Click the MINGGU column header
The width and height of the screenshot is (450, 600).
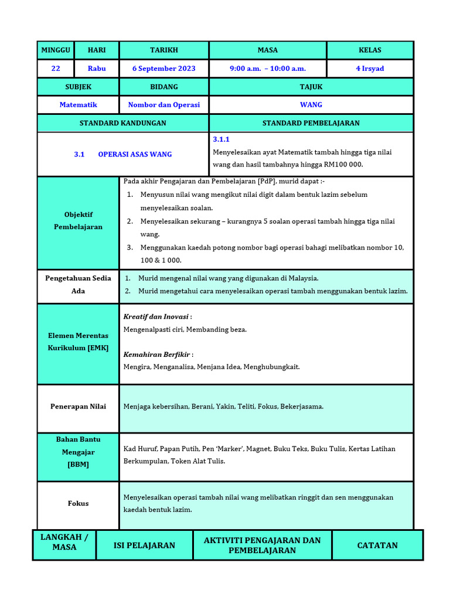pos(55,50)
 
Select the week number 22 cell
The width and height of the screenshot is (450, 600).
pos(56,69)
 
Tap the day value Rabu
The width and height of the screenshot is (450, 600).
pos(97,69)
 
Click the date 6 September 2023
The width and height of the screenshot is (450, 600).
pos(163,69)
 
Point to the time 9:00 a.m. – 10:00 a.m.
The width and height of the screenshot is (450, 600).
pos(267,69)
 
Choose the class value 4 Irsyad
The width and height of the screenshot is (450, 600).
pos(370,69)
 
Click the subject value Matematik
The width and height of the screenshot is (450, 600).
pos(78,105)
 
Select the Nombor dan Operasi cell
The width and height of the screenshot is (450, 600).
pos(163,105)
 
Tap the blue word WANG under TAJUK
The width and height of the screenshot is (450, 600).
pos(311,105)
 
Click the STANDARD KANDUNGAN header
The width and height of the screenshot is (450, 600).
pos(122,123)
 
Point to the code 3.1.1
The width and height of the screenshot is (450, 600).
pos(221,139)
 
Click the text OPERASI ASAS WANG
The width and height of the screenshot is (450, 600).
pos(135,154)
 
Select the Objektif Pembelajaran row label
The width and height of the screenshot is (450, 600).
pos(78,221)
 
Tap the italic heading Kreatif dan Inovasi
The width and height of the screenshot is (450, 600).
pos(156,316)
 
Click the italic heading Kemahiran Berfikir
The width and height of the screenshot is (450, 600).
pos(157,354)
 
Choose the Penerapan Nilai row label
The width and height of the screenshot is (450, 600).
pos(78,406)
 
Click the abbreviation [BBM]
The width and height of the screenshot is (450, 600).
pos(78,464)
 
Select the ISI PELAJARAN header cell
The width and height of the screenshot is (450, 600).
pos(144,546)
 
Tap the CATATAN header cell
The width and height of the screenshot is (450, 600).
pos(377,546)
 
